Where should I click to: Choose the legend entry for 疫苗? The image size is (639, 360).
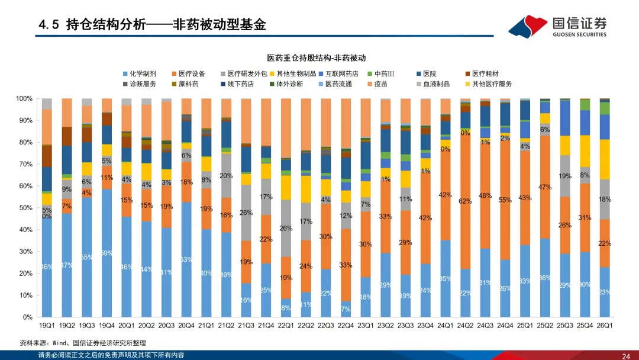click(x=375, y=84)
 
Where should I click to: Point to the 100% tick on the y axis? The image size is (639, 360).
click(x=24, y=98)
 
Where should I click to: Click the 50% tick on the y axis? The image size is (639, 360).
click(x=26, y=208)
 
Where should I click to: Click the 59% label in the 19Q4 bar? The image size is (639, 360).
click(x=106, y=253)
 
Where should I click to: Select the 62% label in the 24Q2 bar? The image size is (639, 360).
click(x=465, y=201)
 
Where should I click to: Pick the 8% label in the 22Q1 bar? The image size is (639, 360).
click(x=286, y=308)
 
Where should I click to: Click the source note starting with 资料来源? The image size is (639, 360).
click(x=83, y=343)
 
